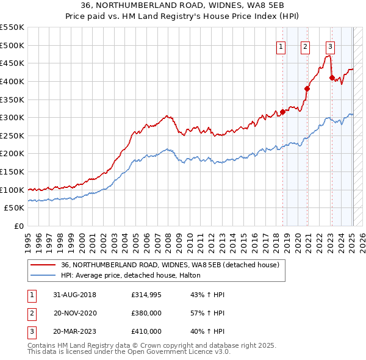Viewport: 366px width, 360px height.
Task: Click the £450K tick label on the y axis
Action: point(12,63)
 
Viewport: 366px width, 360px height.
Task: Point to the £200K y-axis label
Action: point(12,153)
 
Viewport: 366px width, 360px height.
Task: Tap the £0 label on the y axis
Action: point(19,226)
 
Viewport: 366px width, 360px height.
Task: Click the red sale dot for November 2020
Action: point(307,88)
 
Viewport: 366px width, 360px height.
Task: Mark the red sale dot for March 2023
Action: point(332,77)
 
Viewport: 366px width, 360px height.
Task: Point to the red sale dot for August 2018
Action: point(283,112)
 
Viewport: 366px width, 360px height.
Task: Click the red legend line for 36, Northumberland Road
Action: point(43,265)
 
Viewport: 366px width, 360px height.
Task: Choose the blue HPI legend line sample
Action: point(43,276)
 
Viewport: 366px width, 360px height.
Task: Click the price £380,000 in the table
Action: point(146,313)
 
